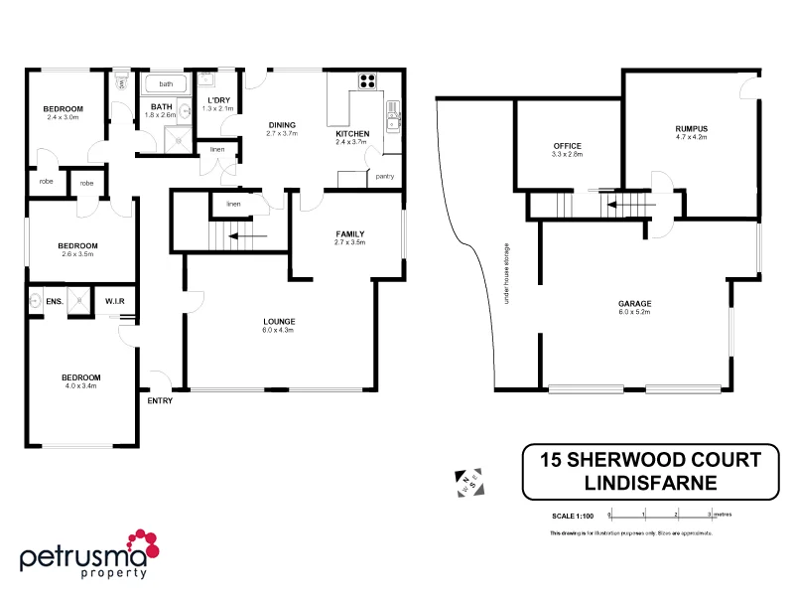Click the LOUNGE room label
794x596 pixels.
279,321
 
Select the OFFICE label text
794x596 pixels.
567,146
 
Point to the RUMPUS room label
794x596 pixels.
691,130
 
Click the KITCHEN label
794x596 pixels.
352,134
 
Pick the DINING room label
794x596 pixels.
282,125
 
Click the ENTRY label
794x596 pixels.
160,401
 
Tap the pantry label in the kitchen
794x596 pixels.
386,176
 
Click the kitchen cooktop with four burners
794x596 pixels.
367,82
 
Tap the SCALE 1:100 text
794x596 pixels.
572,516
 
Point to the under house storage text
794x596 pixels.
506,273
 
